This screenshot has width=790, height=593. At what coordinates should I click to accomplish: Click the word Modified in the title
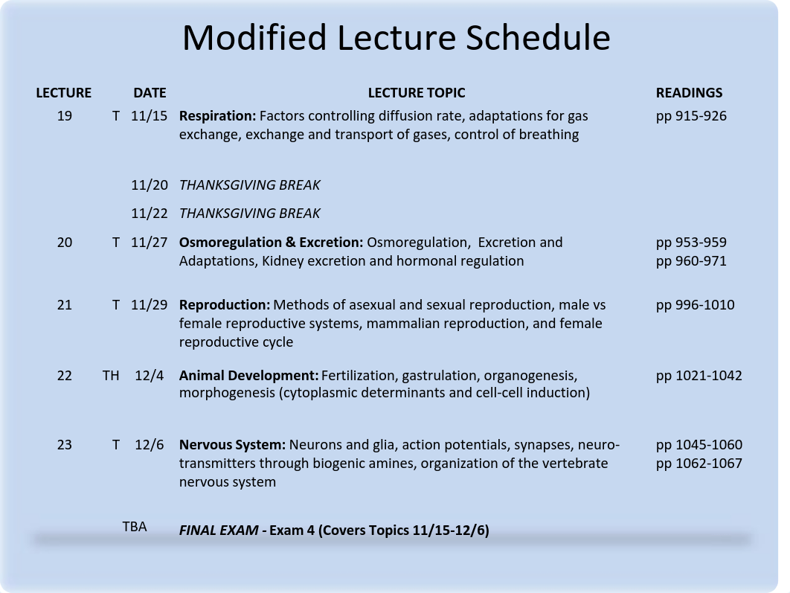pyautogui.click(x=254, y=38)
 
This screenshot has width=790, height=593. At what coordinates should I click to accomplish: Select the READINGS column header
pyautogui.click(x=689, y=93)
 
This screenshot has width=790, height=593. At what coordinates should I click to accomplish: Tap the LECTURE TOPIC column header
pyautogui.click(x=416, y=93)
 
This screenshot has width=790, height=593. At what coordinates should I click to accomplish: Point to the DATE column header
pyautogui.click(x=150, y=93)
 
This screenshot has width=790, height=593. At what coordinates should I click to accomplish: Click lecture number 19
pyautogui.click(x=65, y=116)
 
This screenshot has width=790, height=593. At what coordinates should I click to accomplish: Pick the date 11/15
pyautogui.click(x=149, y=116)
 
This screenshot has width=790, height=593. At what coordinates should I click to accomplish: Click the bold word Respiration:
pyautogui.click(x=218, y=116)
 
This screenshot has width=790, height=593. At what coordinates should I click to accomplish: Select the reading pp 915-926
pyautogui.click(x=691, y=116)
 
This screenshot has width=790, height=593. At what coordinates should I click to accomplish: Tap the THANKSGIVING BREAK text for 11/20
pyautogui.click(x=249, y=185)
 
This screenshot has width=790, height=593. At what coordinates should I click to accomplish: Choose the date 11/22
pyautogui.click(x=149, y=213)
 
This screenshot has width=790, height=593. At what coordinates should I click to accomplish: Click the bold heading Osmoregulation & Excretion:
pyautogui.click(x=271, y=243)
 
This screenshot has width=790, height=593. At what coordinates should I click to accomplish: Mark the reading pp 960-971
pyautogui.click(x=691, y=261)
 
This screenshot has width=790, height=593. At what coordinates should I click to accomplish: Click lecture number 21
pyautogui.click(x=65, y=305)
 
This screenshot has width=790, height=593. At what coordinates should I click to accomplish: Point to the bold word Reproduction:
pyautogui.click(x=225, y=305)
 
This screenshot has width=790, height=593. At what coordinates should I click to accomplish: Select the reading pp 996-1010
pyautogui.click(x=696, y=305)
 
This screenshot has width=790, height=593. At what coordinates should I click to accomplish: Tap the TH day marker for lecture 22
pyautogui.click(x=111, y=375)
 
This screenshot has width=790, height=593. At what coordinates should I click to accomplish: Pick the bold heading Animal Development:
pyautogui.click(x=249, y=376)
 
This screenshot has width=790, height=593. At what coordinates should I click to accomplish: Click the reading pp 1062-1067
pyautogui.click(x=699, y=464)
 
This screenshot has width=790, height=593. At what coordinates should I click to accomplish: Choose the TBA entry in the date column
pyautogui.click(x=135, y=527)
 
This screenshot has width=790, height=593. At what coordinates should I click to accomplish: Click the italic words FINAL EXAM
pyautogui.click(x=219, y=530)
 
